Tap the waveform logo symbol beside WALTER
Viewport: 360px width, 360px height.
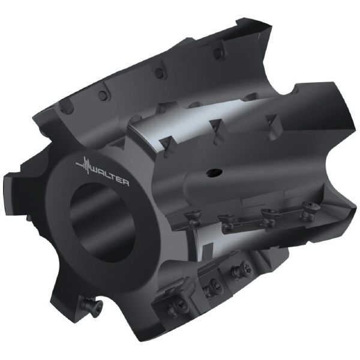[85, 165]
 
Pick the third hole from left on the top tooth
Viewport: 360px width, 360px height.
[158, 73]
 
